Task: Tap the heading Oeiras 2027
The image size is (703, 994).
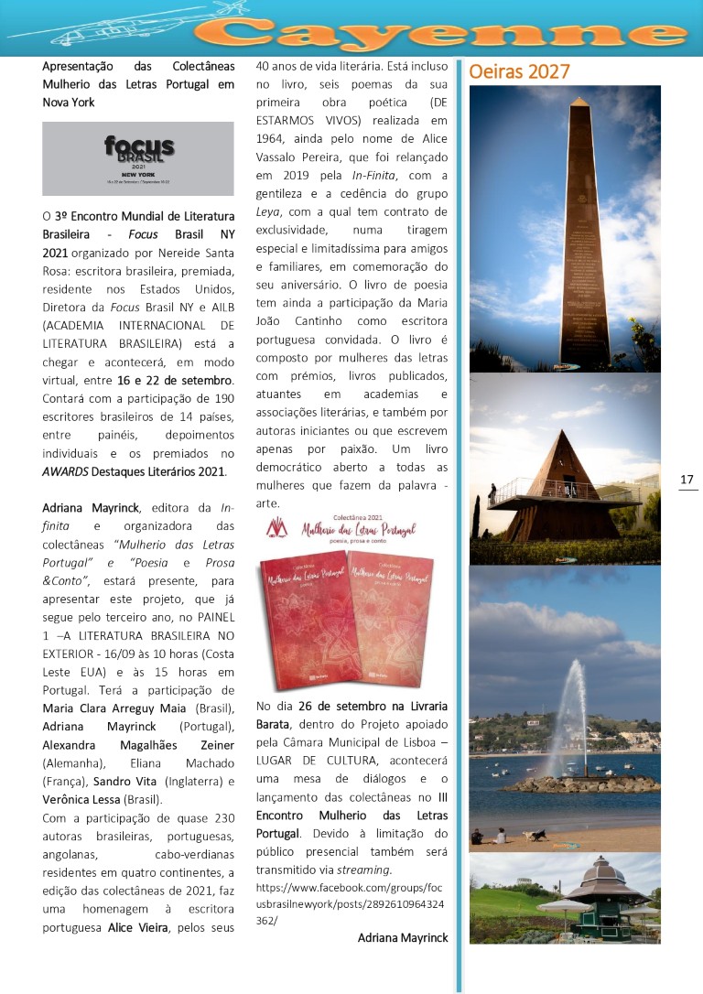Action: click(x=519, y=71)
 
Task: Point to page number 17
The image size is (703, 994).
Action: click(x=687, y=480)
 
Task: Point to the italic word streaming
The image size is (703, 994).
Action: click(x=364, y=870)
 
